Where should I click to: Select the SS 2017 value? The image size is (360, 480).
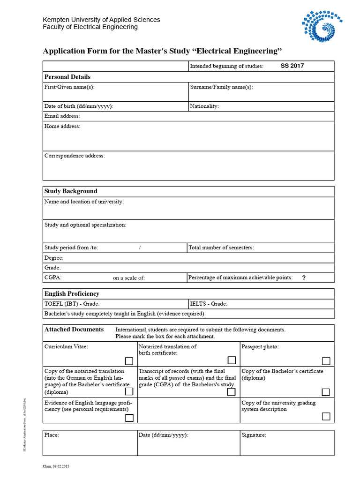(x=292, y=66)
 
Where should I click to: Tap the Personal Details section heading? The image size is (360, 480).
(x=67, y=77)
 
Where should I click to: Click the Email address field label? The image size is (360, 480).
(x=62, y=116)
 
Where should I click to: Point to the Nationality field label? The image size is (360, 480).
(x=204, y=106)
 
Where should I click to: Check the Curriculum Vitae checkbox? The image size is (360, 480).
(x=129, y=361)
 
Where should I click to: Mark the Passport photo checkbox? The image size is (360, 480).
(x=326, y=361)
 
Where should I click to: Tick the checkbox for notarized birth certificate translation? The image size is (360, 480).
(x=232, y=360)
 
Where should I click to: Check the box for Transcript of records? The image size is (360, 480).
(x=231, y=392)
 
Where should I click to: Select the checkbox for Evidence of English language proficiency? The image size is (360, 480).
(x=129, y=418)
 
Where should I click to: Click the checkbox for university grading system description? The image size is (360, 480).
(x=326, y=416)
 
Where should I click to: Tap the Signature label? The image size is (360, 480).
(x=254, y=435)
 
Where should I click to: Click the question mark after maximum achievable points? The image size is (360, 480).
(x=304, y=277)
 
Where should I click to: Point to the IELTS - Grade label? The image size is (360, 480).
(x=209, y=304)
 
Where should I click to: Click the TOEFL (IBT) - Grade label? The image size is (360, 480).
(x=72, y=304)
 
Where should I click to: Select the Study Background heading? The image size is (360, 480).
(x=71, y=191)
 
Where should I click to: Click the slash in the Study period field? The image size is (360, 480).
(x=140, y=247)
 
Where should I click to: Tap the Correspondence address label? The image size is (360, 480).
(x=75, y=156)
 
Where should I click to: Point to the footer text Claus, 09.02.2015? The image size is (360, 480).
(x=56, y=466)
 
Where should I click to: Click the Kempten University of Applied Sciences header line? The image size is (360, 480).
(x=101, y=20)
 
